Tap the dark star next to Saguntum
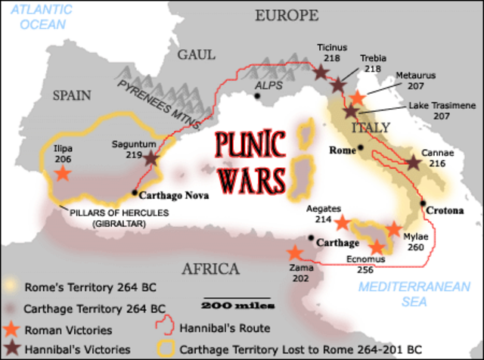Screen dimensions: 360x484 click(151, 159)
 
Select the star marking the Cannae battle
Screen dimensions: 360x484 click(414, 163)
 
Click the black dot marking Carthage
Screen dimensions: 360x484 click(310, 237)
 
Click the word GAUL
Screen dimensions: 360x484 click(197, 54)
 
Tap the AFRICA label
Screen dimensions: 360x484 click(209, 269)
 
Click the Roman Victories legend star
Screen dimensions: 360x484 click(11, 330)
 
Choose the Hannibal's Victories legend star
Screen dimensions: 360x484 click(11, 349)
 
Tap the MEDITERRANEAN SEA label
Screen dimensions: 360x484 click(392, 294)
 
